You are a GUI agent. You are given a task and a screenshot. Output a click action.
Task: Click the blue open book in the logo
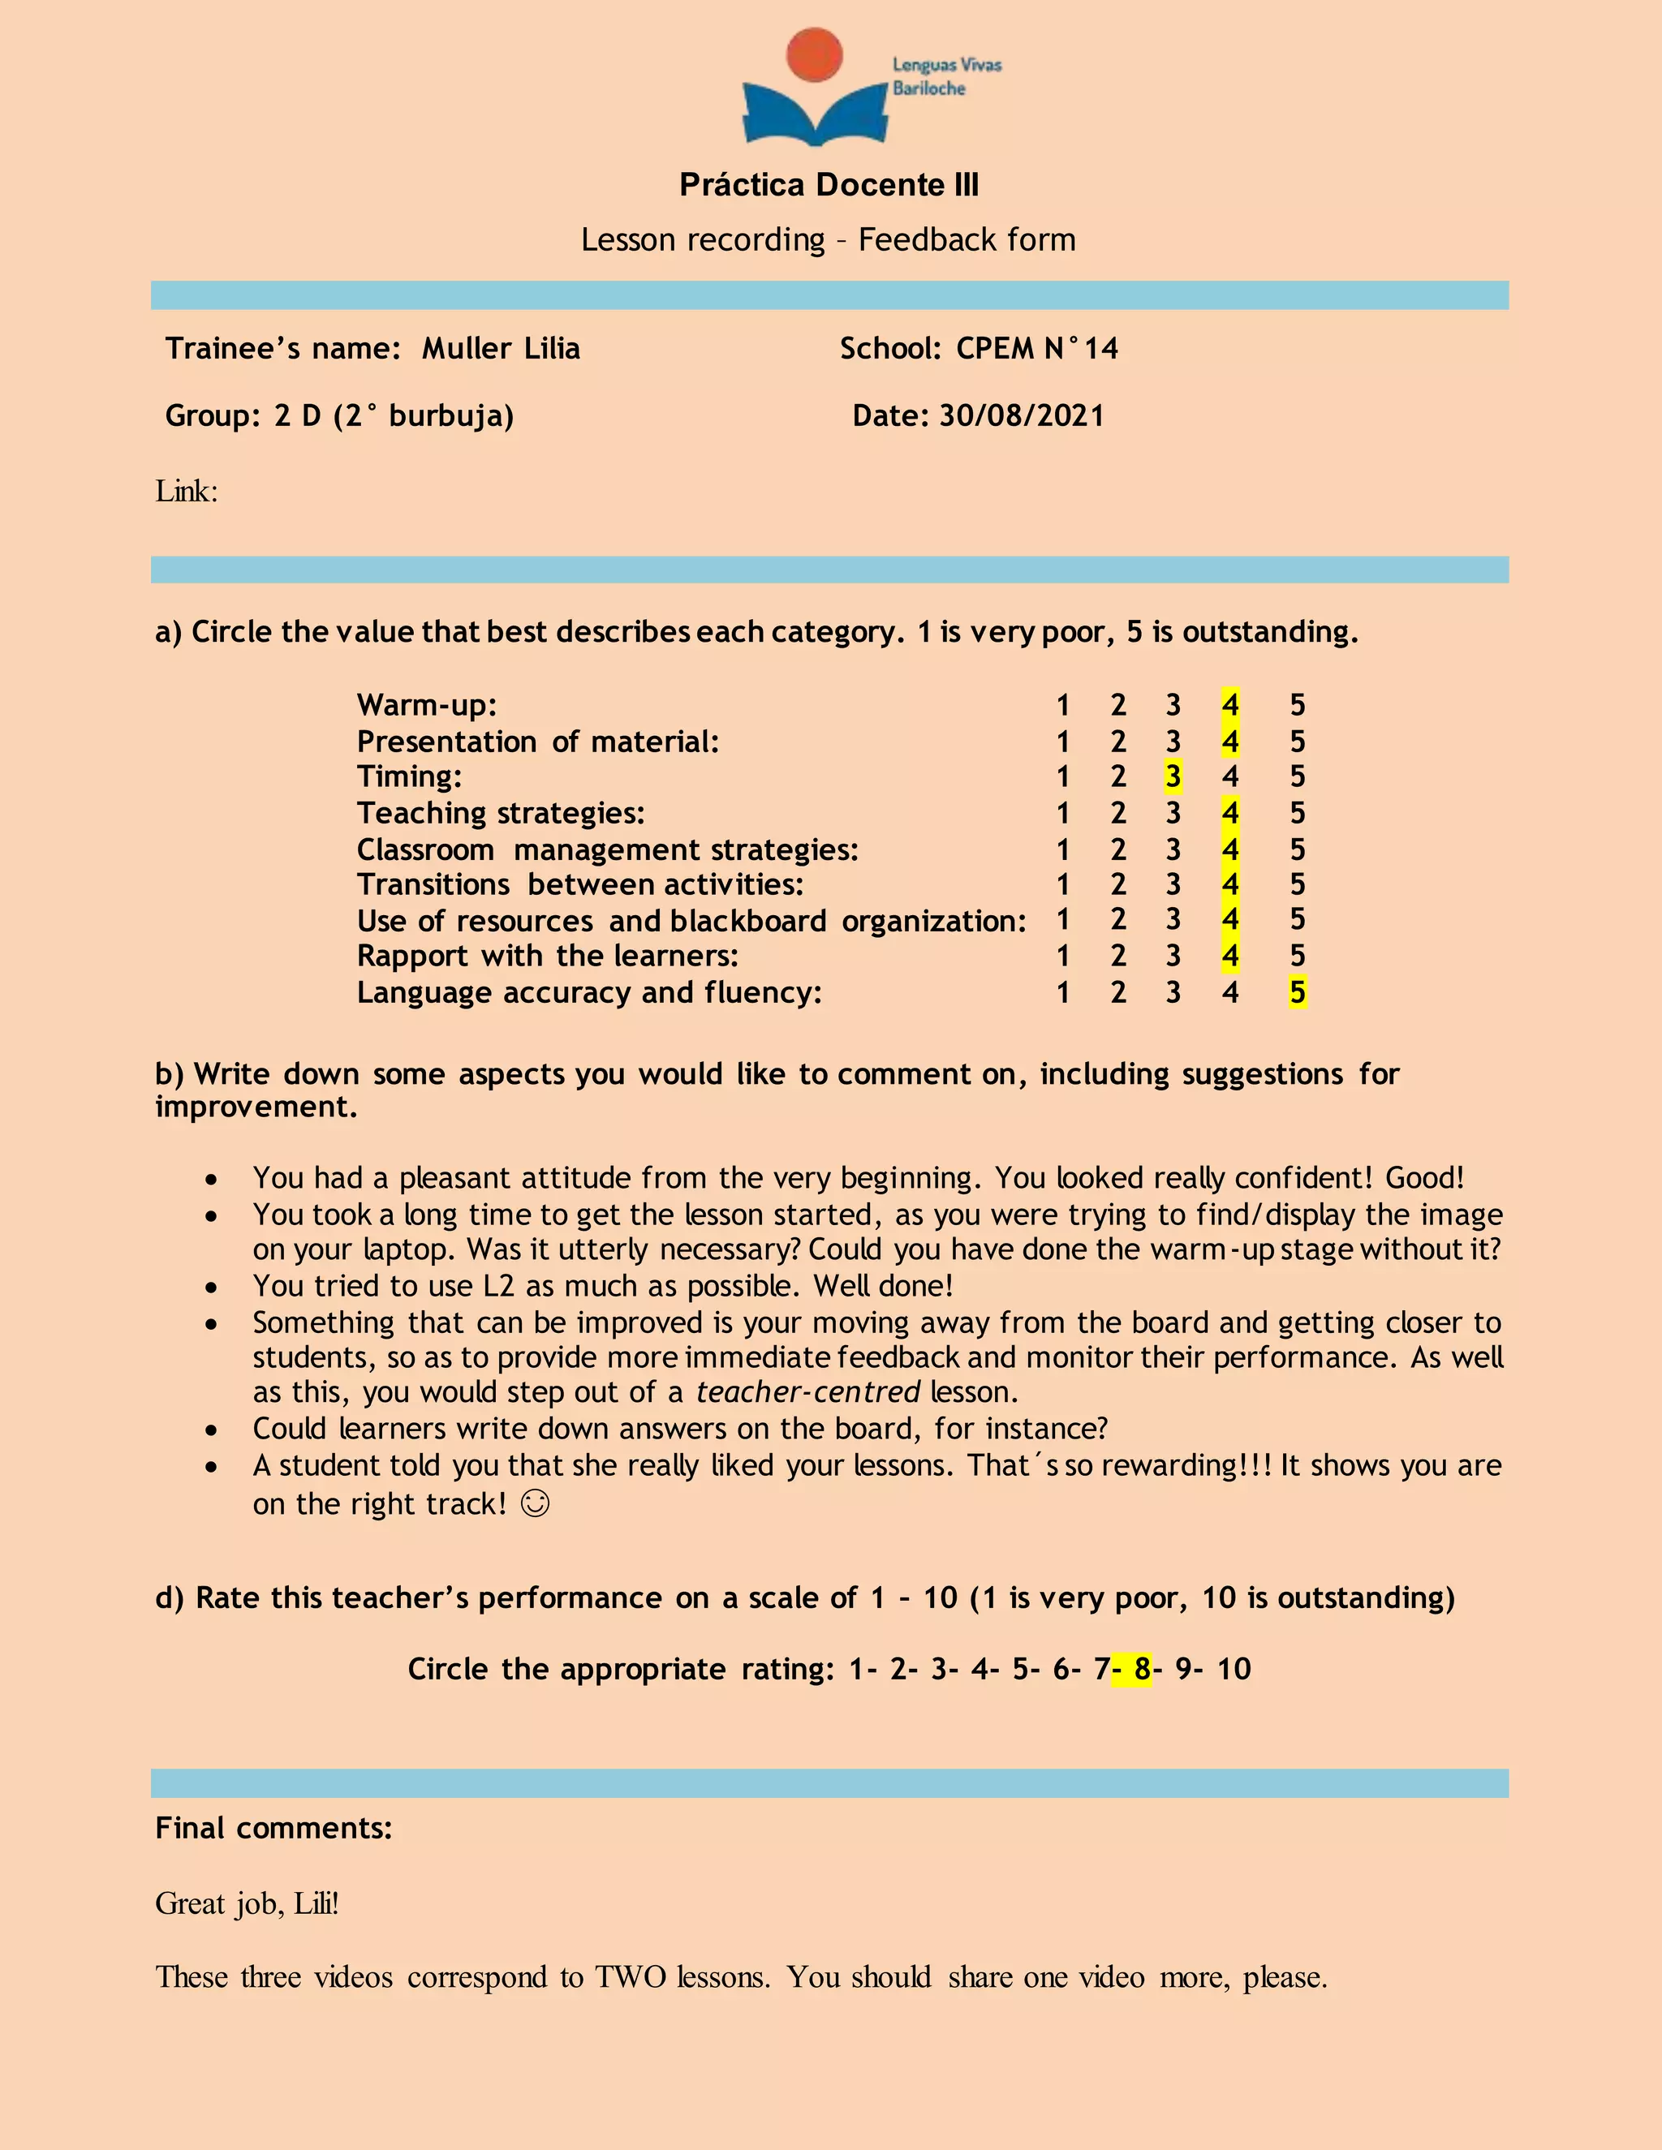(x=816, y=115)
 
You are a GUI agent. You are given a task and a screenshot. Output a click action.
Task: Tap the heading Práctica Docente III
(x=829, y=184)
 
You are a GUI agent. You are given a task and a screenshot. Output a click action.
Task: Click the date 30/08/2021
(x=1021, y=415)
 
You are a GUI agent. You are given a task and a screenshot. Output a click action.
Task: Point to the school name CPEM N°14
(x=1037, y=349)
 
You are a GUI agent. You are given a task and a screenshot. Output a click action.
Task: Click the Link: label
(x=186, y=490)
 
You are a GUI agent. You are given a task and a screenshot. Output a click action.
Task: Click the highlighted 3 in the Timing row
(x=1172, y=776)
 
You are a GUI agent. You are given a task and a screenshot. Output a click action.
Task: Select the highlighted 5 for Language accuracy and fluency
(x=1297, y=992)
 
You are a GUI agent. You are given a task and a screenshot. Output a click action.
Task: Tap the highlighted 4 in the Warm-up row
(x=1229, y=705)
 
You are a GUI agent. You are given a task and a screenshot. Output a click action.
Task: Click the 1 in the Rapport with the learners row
(x=1062, y=956)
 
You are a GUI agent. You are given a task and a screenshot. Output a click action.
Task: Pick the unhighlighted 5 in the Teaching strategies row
(x=1297, y=813)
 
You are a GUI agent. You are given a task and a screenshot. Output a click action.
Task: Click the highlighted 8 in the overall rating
(x=1141, y=1669)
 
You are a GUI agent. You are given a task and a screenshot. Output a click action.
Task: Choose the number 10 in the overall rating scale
(x=1233, y=1669)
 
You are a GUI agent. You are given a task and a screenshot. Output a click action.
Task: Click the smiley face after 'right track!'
(x=535, y=1503)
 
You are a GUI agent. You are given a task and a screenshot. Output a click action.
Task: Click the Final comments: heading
(x=273, y=1828)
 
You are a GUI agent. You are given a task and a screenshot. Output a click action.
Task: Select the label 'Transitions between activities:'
(x=580, y=884)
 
